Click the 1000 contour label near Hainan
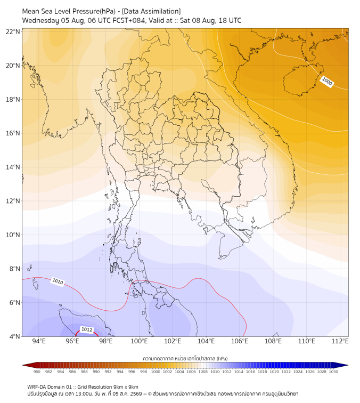click(327, 81)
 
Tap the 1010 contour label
click(58, 281)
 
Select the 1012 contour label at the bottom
click(87, 329)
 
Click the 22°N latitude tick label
click(13, 31)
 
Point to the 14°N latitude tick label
click(13, 167)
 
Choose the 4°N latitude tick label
click(14, 336)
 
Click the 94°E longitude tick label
click(39, 341)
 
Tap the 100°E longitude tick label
click(139, 341)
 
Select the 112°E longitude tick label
click(340, 341)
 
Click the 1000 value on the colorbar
click(155, 372)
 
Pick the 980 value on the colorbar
click(37, 372)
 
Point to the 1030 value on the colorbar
click(333, 372)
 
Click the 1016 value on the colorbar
click(250, 372)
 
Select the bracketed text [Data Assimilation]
click(151, 11)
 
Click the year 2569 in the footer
click(136, 394)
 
